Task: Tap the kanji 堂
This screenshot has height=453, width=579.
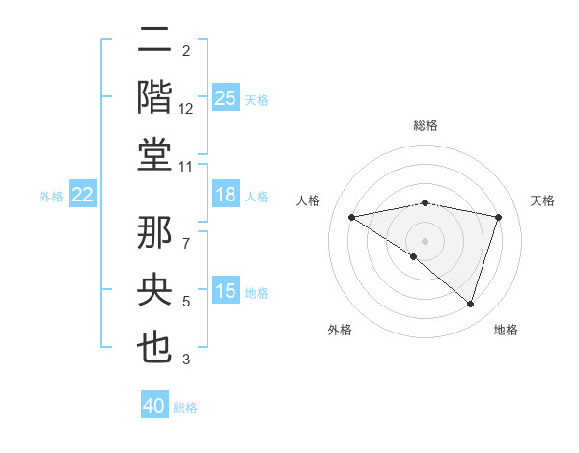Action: click(x=155, y=154)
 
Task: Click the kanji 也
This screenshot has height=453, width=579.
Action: click(x=155, y=348)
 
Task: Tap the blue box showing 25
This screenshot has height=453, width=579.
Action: click(x=225, y=97)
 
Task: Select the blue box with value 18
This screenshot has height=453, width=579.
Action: click(x=225, y=195)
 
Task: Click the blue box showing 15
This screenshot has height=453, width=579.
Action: click(x=225, y=291)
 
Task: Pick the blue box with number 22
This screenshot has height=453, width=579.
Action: click(x=83, y=195)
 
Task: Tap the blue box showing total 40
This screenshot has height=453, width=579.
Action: click(x=154, y=406)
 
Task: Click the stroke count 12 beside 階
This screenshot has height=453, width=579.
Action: click(x=186, y=109)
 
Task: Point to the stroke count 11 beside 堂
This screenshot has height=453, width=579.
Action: click(x=186, y=167)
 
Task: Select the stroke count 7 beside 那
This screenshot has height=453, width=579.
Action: click(x=186, y=232)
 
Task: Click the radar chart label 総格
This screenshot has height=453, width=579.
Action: click(x=425, y=125)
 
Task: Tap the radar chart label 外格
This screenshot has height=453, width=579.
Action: click(x=340, y=330)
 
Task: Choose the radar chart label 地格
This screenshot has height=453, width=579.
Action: click(x=506, y=330)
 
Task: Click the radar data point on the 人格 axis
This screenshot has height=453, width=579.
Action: click(x=351, y=217)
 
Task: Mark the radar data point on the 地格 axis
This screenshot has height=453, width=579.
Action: click(x=471, y=304)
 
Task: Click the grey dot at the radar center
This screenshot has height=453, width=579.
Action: click(x=425, y=240)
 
